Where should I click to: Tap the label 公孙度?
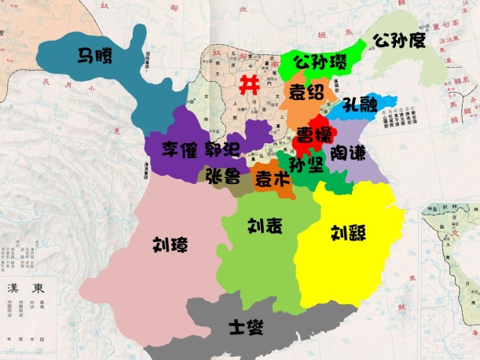400,39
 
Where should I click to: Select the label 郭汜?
223,149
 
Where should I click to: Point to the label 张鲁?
222,174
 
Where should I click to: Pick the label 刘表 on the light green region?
266,226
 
